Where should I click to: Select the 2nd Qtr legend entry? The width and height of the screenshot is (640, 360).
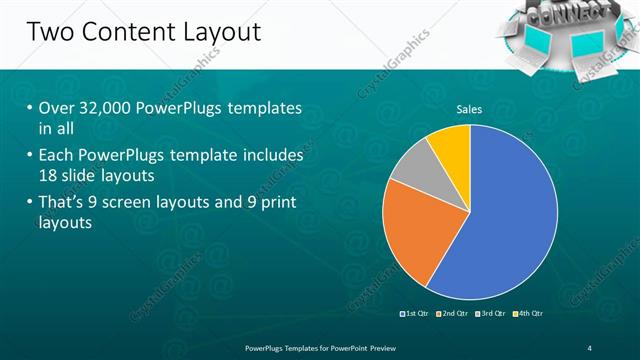pos(455,313)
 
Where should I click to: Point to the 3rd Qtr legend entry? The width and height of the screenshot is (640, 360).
pos(493,313)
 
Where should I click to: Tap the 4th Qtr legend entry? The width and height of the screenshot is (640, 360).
pos(530,313)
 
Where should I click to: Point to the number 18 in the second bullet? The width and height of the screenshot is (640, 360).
pos(50,174)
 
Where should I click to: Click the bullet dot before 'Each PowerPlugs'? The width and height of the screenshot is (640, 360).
pos(29,156)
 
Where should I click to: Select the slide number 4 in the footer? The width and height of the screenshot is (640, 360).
pos(589,347)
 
